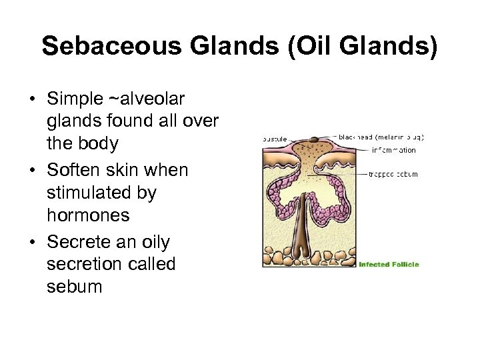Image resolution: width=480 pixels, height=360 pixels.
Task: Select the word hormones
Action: point(89,216)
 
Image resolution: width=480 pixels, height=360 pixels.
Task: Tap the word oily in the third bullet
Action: point(151,243)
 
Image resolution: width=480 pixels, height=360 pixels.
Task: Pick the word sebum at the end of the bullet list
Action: point(75,287)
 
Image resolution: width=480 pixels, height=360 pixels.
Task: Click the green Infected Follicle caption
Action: point(389,265)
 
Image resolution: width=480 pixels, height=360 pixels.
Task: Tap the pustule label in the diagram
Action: point(275,139)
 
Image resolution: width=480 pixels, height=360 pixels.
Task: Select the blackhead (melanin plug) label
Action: point(381,137)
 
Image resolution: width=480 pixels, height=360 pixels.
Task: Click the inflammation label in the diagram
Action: point(393,150)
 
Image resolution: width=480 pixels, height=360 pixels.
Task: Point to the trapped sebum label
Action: point(393,174)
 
